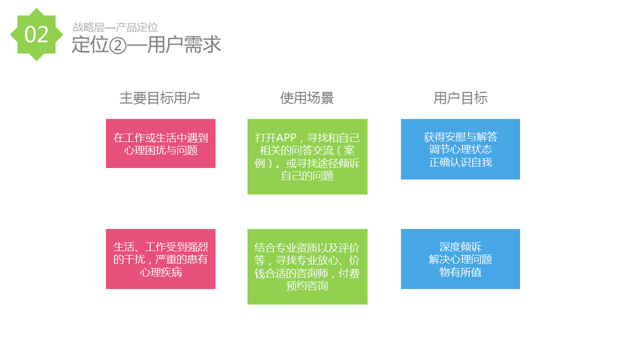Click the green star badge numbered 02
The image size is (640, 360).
click(x=36, y=35)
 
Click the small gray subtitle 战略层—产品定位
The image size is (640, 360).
click(x=115, y=27)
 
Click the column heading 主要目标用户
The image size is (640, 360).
click(x=160, y=98)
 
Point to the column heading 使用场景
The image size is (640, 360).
click(x=307, y=98)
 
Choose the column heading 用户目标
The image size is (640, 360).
click(x=460, y=98)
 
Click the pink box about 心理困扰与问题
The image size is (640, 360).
click(x=161, y=143)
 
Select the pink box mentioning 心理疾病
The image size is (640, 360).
click(x=161, y=259)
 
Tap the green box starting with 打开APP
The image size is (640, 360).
click(x=307, y=157)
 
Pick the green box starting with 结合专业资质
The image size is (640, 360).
click(x=307, y=266)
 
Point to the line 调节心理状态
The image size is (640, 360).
click(x=460, y=149)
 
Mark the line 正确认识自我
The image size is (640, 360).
click(x=460, y=162)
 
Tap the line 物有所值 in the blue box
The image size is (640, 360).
click(x=460, y=272)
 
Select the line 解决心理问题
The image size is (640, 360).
click(x=460, y=259)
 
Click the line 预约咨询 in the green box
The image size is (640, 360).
click(x=307, y=286)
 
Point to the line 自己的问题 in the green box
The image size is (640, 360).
click(x=307, y=176)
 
